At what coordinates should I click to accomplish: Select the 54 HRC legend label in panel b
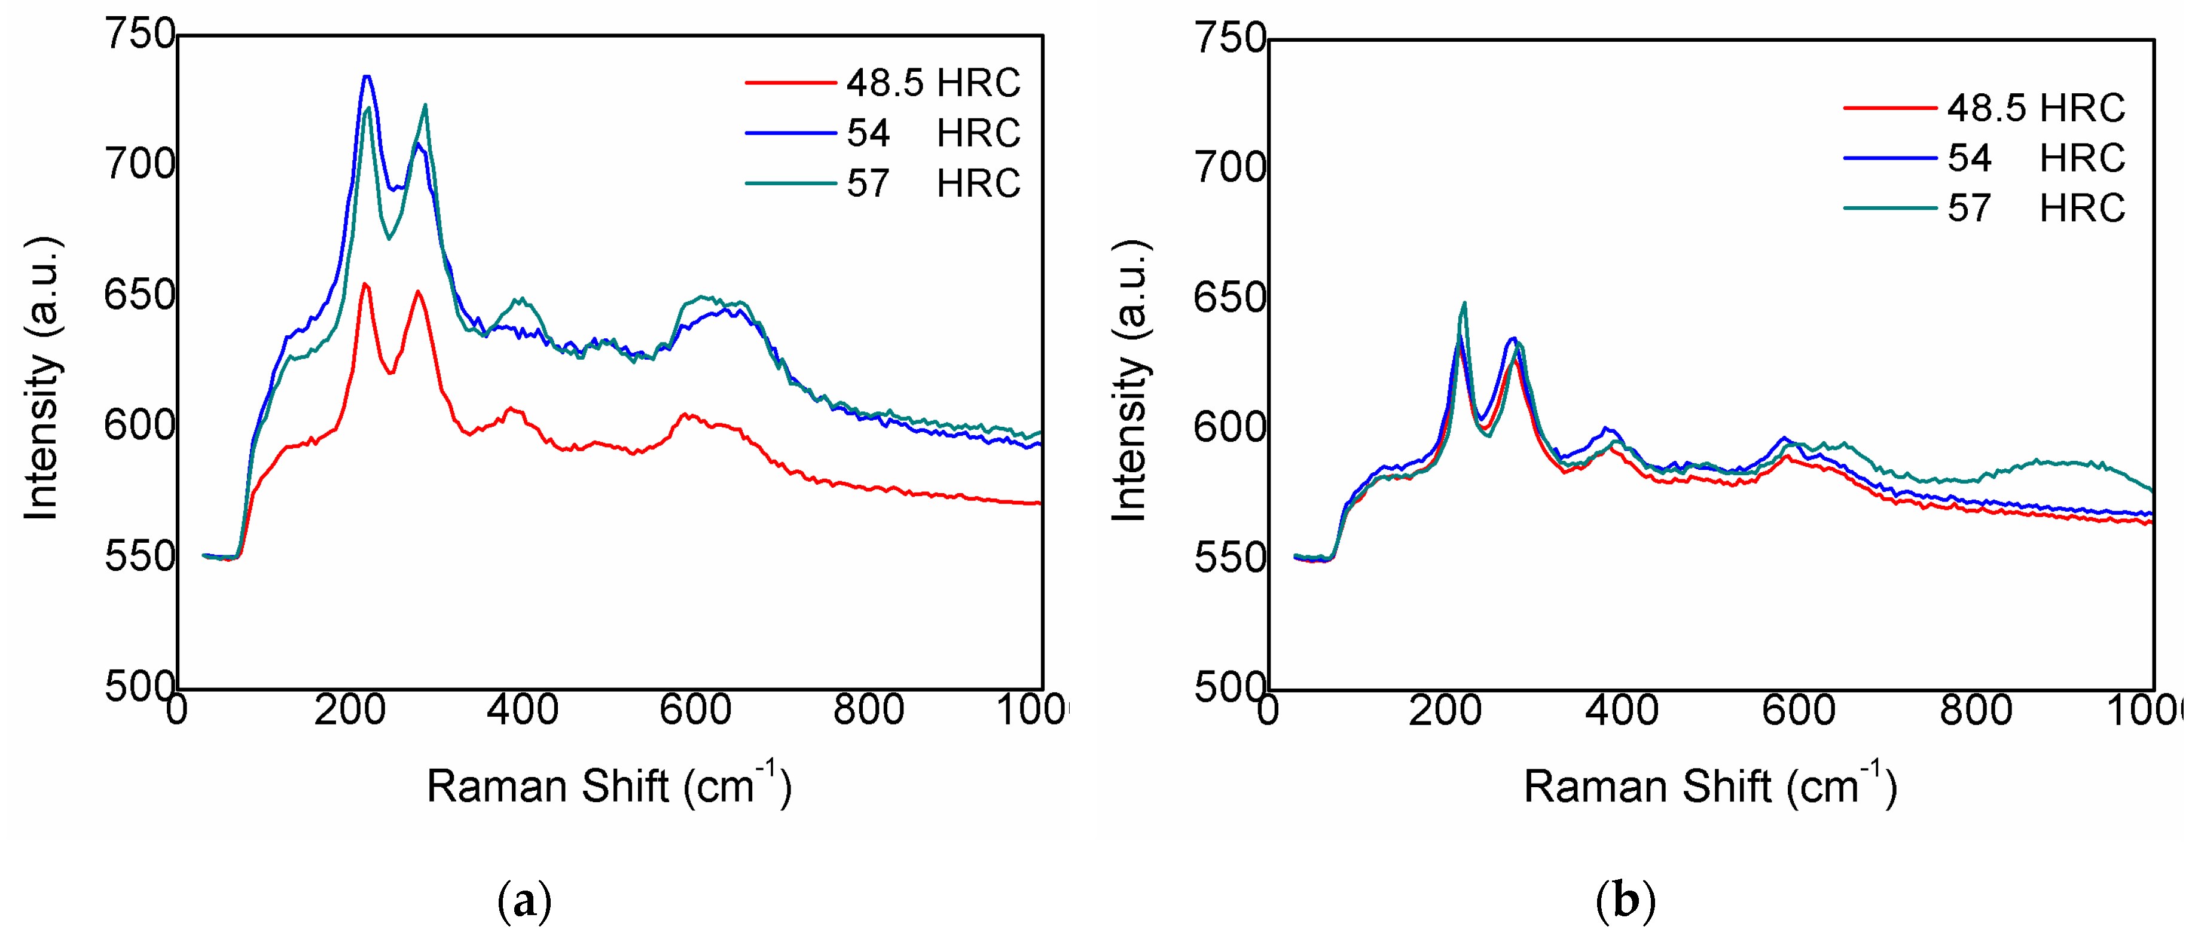[x=2035, y=158]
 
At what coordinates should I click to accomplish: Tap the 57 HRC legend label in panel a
[x=933, y=184]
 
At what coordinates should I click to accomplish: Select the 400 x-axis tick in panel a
[x=523, y=709]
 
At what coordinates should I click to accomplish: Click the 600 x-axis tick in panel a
[x=695, y=709]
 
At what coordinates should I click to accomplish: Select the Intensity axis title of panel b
[x=1130, y=380]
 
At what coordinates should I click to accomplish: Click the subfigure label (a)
[x=524, y=900]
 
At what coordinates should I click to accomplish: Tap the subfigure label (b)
[x=1625, y=900]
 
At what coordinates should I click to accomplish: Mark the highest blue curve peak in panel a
[x=367, y=77]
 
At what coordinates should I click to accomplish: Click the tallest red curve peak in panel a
[x=364, y=285]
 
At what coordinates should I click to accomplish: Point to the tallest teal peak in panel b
[x=1464, y=303]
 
